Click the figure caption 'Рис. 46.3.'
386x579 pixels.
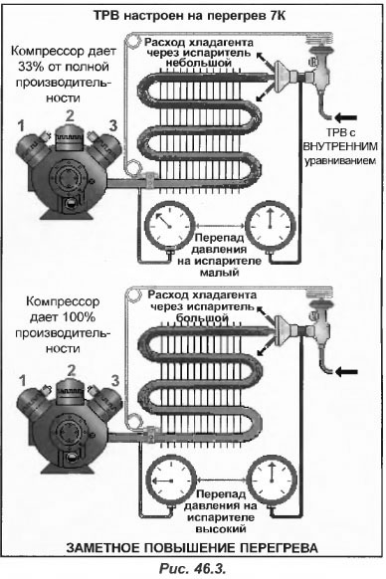coord(192,568)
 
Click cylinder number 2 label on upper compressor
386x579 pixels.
coord(70,116)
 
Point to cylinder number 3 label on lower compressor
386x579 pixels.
coord(115,380)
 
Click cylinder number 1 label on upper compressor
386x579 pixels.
coord(21,126)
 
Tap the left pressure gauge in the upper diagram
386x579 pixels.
coord(169,224)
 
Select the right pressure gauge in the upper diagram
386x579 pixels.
coord(271,224)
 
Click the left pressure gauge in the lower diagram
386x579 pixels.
coord(171,481)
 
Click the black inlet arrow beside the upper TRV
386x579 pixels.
coord(346,118)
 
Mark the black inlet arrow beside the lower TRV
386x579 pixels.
coord(346,371)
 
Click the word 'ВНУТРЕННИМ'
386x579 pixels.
coord(340,146)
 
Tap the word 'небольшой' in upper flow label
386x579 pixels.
coord(198,63)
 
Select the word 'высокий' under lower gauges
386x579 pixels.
coord(221,529)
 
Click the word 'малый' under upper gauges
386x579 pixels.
coord(220,273)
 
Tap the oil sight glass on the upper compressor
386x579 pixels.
coord(70,203)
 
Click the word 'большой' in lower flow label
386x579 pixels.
coord(201,317)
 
